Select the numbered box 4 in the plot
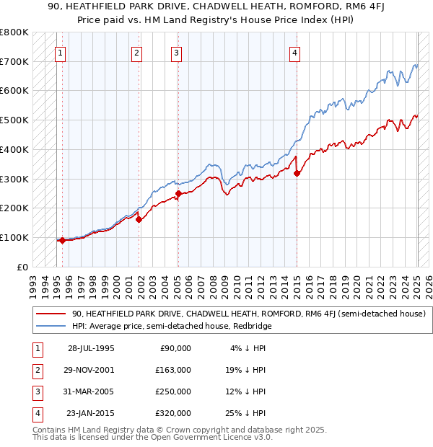(x=295, y=52)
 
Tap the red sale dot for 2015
(x=297, y=172)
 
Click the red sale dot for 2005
(x=178, y=193)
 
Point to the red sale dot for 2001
(x=139, y=219)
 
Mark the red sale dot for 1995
(x=63, y=240)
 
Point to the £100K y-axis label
(x=14, y=237)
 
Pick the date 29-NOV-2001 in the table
(x=90, y=370)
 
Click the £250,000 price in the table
(x=172, y=391)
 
